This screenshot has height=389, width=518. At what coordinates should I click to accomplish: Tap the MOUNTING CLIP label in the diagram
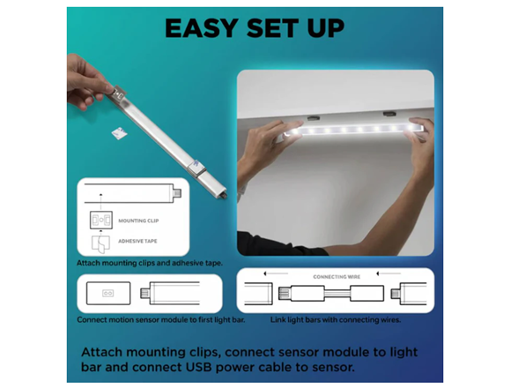(138, 221)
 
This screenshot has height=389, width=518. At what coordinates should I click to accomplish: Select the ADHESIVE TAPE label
(137, 241)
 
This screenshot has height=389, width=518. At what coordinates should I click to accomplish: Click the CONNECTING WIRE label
(337, 277)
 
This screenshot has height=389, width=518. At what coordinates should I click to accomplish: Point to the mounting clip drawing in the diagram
(101, 220)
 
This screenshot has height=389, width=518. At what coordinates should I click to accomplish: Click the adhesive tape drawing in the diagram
(100, 244)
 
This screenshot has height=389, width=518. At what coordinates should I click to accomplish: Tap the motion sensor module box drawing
(108, 293)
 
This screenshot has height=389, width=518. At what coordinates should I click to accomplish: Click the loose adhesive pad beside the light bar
(119, 133)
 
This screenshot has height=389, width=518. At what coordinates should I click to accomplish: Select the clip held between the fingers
(118, 94)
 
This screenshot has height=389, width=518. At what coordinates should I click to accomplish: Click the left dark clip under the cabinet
(314, 117)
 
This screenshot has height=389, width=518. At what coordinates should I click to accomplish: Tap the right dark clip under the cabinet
(389, 114)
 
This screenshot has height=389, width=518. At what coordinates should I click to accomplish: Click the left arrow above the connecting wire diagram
(276, 273)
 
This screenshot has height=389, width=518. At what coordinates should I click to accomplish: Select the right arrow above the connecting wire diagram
(388, 273)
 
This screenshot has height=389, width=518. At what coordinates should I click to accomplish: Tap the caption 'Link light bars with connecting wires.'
(336, 320)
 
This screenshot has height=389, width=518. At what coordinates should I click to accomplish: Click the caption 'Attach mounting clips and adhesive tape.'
(150, 263)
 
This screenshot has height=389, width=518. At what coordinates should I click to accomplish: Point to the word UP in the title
(326, 28)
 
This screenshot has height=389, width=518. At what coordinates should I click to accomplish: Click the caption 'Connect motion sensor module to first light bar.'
(161, 320)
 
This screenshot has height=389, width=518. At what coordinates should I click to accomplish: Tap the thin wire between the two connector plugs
(337, 294)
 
